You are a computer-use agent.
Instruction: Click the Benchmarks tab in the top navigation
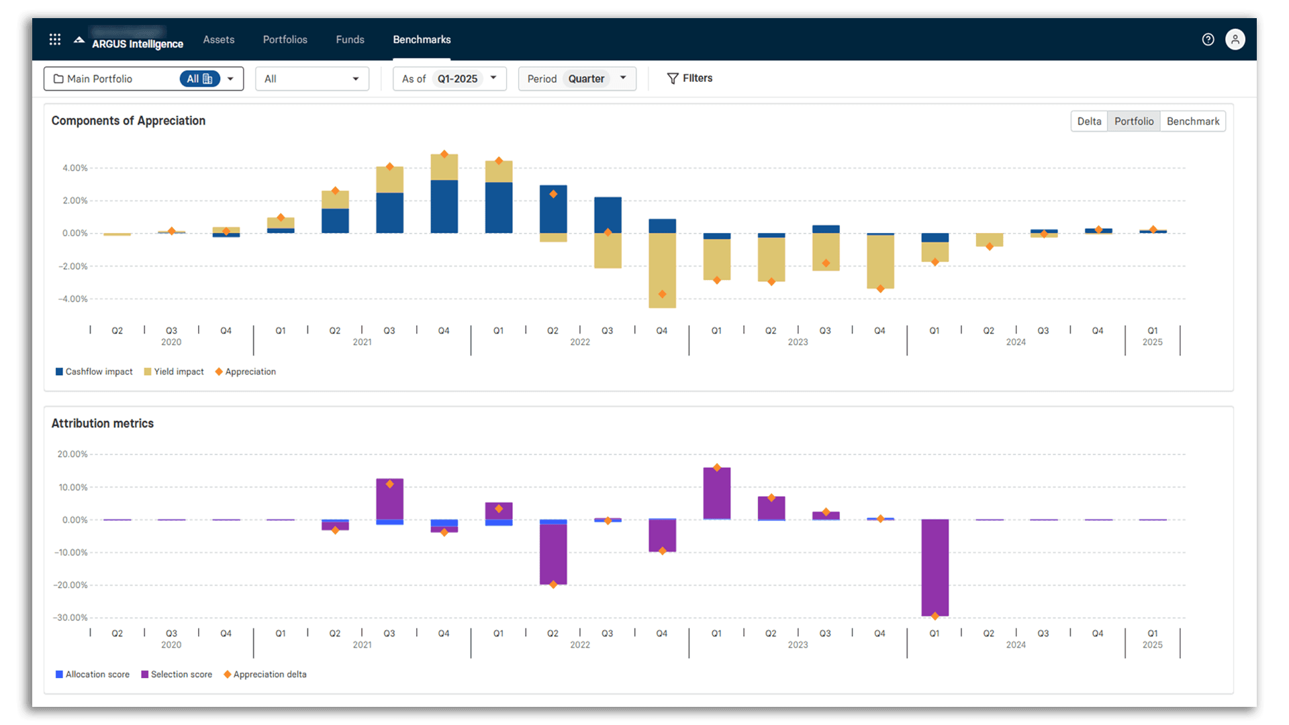(422, 40)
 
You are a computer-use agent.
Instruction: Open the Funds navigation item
(350, 40)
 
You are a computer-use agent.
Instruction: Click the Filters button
(689, 78)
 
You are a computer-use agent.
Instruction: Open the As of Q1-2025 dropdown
(449, 79)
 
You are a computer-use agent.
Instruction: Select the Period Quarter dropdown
(577, 79)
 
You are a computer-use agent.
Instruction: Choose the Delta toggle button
(1089, 122)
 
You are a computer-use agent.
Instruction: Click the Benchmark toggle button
(1192, 122)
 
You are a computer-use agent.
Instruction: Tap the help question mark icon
(1208, 40)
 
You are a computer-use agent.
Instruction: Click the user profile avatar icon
(1235, 40)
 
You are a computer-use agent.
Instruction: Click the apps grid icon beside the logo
(55, 40)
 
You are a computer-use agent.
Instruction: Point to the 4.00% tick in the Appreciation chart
(75, 168)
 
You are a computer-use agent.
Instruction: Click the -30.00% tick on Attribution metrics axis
(72, 618)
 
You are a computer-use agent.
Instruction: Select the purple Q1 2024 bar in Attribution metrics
(935, 567)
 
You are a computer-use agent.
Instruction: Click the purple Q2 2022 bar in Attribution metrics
(553, 554)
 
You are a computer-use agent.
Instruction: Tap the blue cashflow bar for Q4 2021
(444, 207)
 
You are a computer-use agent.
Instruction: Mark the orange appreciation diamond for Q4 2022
(662, 294)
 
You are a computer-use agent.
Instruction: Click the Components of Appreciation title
(128, 121)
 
